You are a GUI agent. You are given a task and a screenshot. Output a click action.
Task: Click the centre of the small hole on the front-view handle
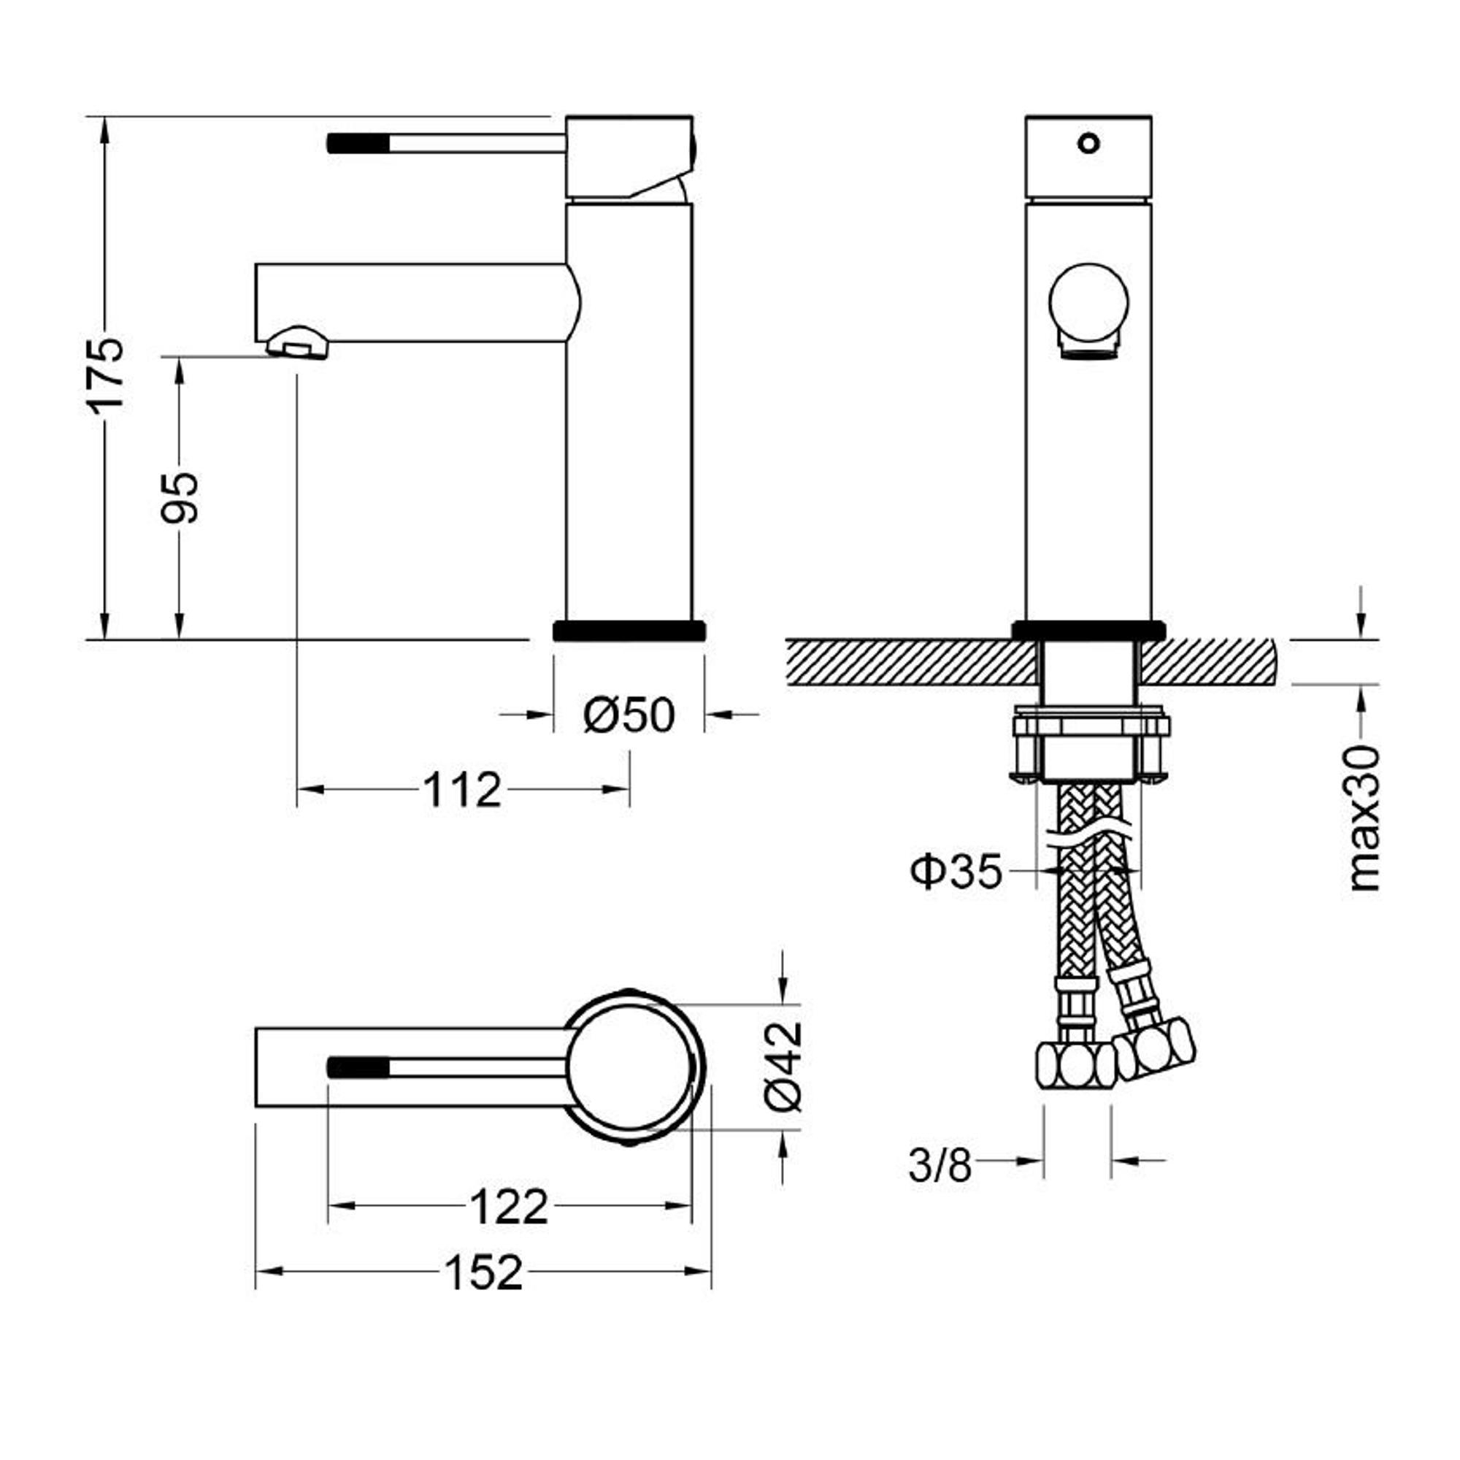point(1088,142)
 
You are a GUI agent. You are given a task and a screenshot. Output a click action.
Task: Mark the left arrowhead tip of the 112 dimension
point(298,790)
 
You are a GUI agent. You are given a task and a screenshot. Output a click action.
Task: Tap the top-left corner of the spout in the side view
point(256,264)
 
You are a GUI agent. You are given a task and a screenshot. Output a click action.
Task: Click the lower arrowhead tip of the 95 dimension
point(179,639)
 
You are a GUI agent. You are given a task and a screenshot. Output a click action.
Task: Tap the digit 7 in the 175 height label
point(105,373)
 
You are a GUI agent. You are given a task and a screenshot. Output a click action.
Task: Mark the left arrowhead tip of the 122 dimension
point(328,1204)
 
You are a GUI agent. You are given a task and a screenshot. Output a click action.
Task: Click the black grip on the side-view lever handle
point(358,143)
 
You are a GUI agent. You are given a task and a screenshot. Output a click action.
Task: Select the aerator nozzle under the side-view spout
point(298,343)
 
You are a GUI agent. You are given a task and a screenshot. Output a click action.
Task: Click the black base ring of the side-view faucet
point(629,630)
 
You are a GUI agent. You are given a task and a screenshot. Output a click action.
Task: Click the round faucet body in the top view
point(630,1067)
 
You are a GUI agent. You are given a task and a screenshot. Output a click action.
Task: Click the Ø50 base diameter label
point(629,715)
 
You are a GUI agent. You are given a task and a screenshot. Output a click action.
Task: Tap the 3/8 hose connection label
point(940,1165)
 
